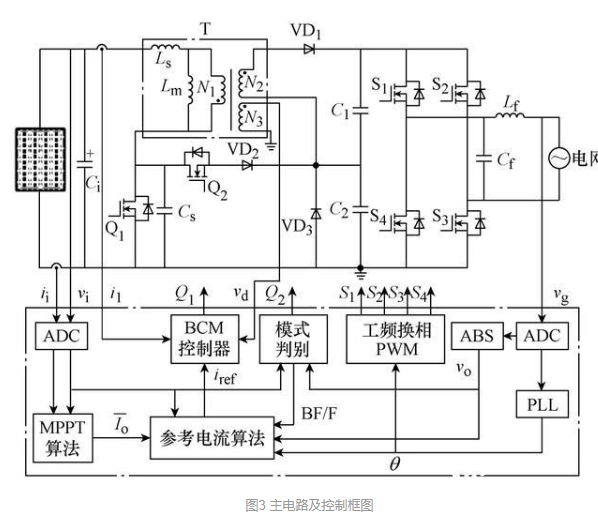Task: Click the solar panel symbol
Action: pos(40,159)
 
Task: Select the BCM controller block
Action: pos(205,339)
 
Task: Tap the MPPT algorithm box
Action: pos(63,438)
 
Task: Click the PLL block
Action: pos(542,404)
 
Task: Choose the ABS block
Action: pos(477,336)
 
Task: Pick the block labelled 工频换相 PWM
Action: pos(395,339)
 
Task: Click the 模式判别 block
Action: pos(293,339)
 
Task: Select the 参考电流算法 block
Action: pos(212,438)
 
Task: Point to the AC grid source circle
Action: pos(559,158)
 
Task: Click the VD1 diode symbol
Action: pos(309,49)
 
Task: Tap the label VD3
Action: pos(297,227)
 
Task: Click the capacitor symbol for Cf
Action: pos(484,159)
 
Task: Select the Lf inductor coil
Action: pos(510,114)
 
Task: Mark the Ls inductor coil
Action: pos(166,47)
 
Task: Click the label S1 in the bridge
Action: pos(379,85)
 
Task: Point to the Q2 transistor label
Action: pos(217,190)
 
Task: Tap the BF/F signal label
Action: pos(319,413)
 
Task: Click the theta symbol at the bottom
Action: pos(395,464)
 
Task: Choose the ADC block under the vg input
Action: pos(542,336)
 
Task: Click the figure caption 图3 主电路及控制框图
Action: pos(309,505)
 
